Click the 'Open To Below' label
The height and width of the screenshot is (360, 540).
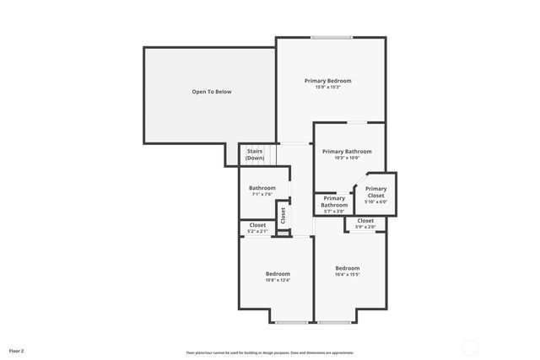211,92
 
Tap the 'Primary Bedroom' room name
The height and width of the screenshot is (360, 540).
327,81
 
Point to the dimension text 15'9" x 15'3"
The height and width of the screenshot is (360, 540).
327,88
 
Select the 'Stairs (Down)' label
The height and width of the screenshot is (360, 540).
255,155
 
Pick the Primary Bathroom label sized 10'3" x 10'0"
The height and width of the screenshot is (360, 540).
347,152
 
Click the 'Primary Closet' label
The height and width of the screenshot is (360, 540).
375,192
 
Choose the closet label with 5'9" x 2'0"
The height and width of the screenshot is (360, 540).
365,221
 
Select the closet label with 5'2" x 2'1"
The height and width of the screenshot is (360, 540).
257,225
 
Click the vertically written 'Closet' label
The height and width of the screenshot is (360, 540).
283,215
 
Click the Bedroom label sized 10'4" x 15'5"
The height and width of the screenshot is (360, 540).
347,271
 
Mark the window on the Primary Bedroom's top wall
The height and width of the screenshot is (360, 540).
332,37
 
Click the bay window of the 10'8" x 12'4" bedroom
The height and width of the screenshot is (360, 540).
291,322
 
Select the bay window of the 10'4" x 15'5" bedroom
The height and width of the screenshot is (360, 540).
334,322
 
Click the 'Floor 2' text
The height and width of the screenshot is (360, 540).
16,350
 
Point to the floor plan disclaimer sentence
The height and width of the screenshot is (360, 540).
270,352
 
